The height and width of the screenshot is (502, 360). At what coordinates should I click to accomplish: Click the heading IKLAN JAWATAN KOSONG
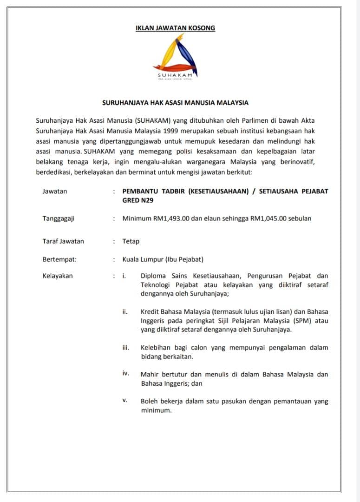click(175, 28)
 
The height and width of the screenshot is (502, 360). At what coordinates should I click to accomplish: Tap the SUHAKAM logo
click(175, 58)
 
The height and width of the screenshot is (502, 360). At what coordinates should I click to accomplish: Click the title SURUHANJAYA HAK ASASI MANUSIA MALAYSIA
click(176, 103)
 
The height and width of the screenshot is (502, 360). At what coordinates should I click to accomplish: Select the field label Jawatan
click(54, 192)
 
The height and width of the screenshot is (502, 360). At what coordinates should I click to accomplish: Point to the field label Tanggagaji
click(58, 218)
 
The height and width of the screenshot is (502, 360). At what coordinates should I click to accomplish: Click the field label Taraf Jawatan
click(63, 241)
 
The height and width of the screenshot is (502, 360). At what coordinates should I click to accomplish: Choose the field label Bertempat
click(59, 259)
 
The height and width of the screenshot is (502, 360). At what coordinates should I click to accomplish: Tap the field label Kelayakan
click(58, 276)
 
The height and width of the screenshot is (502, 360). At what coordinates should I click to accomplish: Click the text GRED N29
click(137, 200)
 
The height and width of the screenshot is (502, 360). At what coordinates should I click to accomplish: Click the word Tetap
click(131, 241)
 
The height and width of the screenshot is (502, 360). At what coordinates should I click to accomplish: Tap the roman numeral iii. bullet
click(125, 347)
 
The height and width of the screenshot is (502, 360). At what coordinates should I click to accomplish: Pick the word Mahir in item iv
click(150, 374)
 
